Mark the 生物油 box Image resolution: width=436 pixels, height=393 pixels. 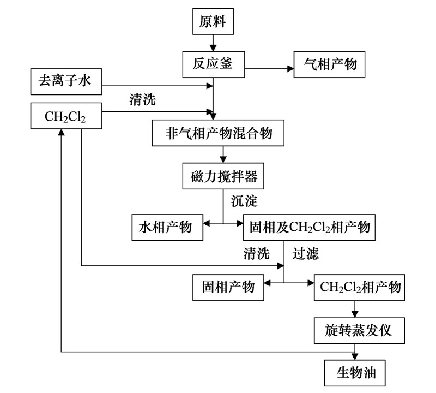358,373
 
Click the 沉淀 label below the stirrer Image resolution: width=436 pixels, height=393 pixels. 243,200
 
